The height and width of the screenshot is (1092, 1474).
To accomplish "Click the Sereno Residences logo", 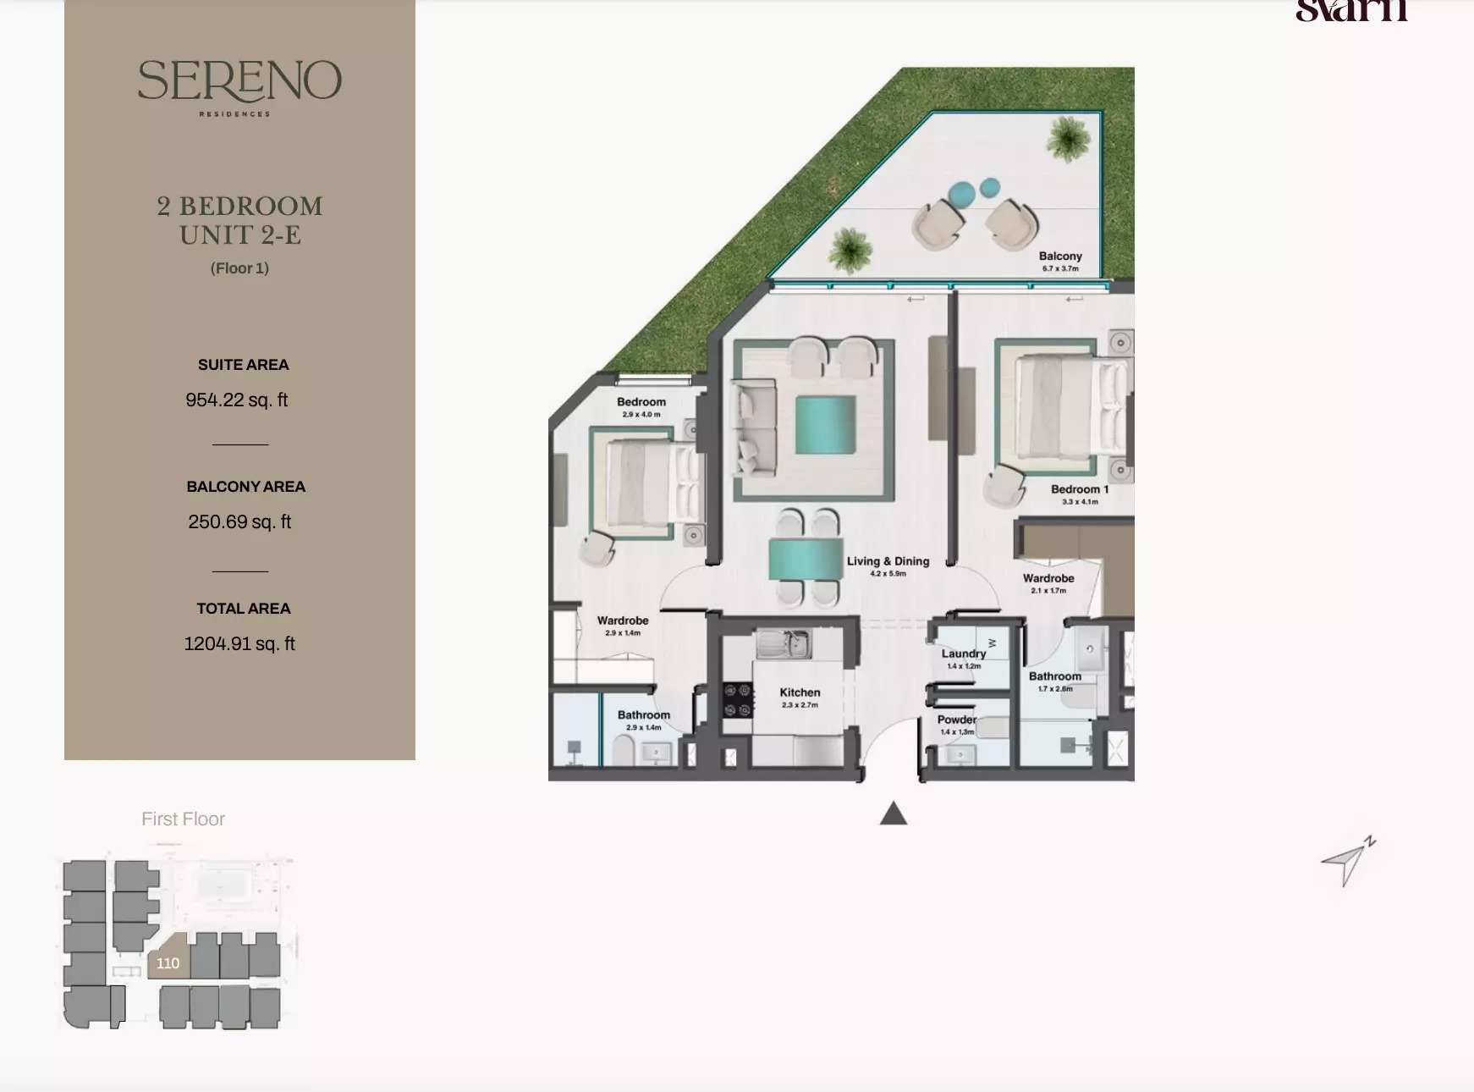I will click(x=239, y=85).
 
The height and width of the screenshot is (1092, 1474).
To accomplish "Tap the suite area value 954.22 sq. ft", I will click(x=237, y=400).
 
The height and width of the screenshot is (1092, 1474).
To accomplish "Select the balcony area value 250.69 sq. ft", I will click(x=239, y=521).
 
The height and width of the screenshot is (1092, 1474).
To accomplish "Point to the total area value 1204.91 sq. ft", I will click(x=239, y=643).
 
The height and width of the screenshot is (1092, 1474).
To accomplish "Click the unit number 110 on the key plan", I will click(x=168, y=962).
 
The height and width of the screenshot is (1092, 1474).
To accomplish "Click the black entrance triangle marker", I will click(x=894, y=814).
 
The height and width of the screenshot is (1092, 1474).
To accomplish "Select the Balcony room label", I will click(x=1060, y=256).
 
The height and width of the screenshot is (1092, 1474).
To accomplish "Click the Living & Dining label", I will click(x=888, y=561).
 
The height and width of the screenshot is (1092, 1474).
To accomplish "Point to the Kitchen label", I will click(x=800, y=692).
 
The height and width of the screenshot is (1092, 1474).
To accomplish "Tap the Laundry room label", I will click(x=964, y=654).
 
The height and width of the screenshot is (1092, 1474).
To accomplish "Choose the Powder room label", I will click(x=956, y=720).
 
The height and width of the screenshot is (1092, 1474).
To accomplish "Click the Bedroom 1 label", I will click(x=1079, y=489).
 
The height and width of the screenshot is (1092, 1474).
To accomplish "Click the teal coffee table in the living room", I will click(x=825, y=427).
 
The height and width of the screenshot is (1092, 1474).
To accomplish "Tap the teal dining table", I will click(x=806, y=560).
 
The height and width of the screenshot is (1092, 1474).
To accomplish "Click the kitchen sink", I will click(x=784, y=645).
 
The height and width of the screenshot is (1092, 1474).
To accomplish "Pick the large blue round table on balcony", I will click(x=962, y=195).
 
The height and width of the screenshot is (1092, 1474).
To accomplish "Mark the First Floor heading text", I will click(x=183, y=819).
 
